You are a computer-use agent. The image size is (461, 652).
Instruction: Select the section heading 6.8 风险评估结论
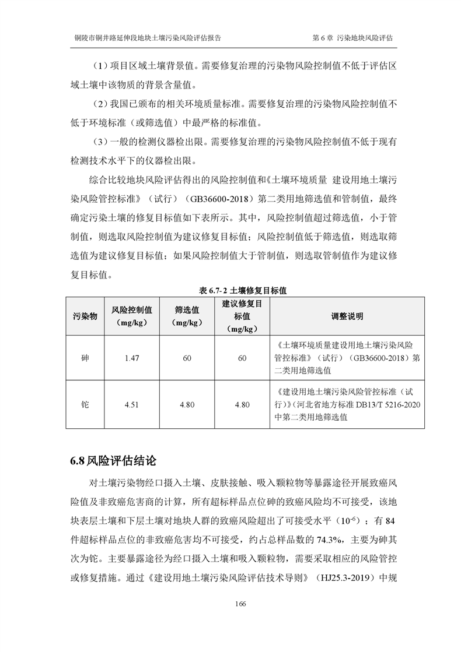[113, 460]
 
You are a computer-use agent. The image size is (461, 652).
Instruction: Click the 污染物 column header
[85, 316]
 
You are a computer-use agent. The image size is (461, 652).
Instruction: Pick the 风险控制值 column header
[132, 316]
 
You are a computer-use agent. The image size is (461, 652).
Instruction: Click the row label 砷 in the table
[85, 358]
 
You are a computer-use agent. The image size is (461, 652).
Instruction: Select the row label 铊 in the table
[85, 404]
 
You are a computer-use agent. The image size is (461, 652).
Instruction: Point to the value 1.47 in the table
[132, 358]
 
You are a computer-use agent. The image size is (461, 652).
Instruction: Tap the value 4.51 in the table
[132, 404]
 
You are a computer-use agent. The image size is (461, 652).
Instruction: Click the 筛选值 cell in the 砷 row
[187, 358]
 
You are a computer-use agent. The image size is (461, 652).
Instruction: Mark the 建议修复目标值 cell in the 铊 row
[242, 404]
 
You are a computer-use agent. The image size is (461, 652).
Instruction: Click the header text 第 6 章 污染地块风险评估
[352, 37]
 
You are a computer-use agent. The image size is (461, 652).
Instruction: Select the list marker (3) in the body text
[101, 142]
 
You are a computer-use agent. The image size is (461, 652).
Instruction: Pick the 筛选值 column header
[187, 316]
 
